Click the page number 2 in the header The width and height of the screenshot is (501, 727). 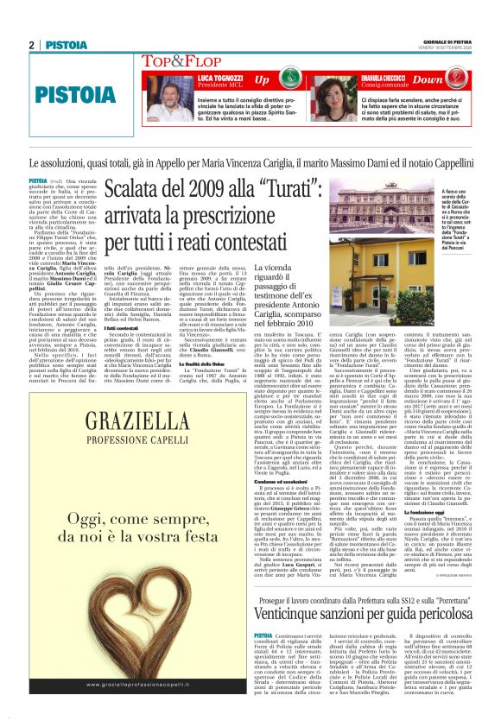(x=31, y=45)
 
